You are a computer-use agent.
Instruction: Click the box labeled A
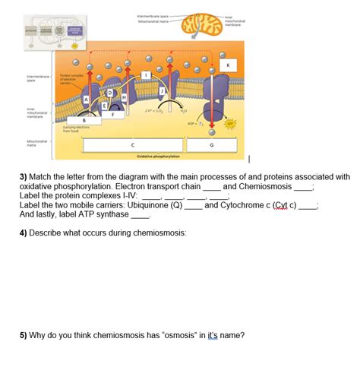(x=87, y=99)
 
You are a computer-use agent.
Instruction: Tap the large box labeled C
(x=134, y=144)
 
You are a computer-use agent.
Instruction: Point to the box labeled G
(x=211, y=144)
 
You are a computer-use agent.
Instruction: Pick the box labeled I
(x=147, y=74)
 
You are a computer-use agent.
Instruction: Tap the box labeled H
(x=124, y=97)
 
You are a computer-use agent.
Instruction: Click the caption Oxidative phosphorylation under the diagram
(x=158, y=156)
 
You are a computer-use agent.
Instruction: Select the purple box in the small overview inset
(x=75, y=30)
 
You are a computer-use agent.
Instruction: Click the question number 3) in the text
(x=24, y=176)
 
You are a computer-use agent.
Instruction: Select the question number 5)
(x=24, y=334)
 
